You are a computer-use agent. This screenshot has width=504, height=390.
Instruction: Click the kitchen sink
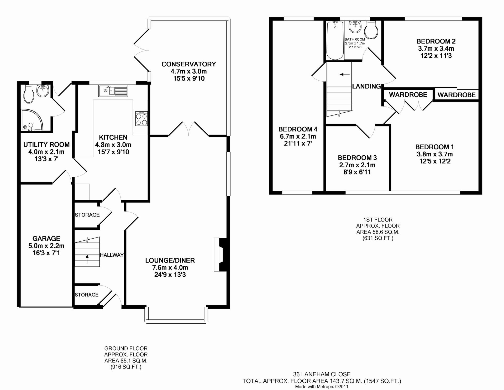pos(113,91)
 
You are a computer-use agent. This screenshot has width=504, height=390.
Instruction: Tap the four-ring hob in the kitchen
pos(141,119)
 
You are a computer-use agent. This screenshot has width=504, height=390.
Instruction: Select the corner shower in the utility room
pos(32,120)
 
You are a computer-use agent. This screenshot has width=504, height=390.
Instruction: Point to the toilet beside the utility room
pos(28,94)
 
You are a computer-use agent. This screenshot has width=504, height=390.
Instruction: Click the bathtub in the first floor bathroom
pos(335,41)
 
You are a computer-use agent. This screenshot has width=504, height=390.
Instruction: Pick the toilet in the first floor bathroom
pos(371,30)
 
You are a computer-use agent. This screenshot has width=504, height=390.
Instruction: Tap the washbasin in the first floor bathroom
pos(355,27)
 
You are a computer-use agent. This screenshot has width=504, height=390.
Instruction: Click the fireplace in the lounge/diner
pos(220,255)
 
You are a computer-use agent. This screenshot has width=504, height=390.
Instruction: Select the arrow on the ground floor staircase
pos(87,259)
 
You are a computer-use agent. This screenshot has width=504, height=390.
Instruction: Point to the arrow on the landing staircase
pos(345,75)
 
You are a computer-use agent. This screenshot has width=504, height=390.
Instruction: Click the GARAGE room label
pos(46,239)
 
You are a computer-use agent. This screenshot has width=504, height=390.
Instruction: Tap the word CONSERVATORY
pos(188,64)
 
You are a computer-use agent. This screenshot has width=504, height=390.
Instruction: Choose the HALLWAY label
pos(112,255)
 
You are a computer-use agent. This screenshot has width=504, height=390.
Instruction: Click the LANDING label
pos(366,86)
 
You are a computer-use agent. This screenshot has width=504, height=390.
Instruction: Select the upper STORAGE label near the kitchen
pos(87,215)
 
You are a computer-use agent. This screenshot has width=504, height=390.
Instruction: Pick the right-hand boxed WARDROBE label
pos(456,95)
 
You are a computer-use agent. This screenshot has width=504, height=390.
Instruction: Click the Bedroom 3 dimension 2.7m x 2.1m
pos(357,165)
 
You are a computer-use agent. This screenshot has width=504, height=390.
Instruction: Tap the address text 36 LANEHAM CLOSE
pos(322,374)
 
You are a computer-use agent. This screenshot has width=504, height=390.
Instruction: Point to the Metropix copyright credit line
pos(322,387)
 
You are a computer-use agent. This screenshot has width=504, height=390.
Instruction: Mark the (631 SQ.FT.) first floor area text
pos(378,238)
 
